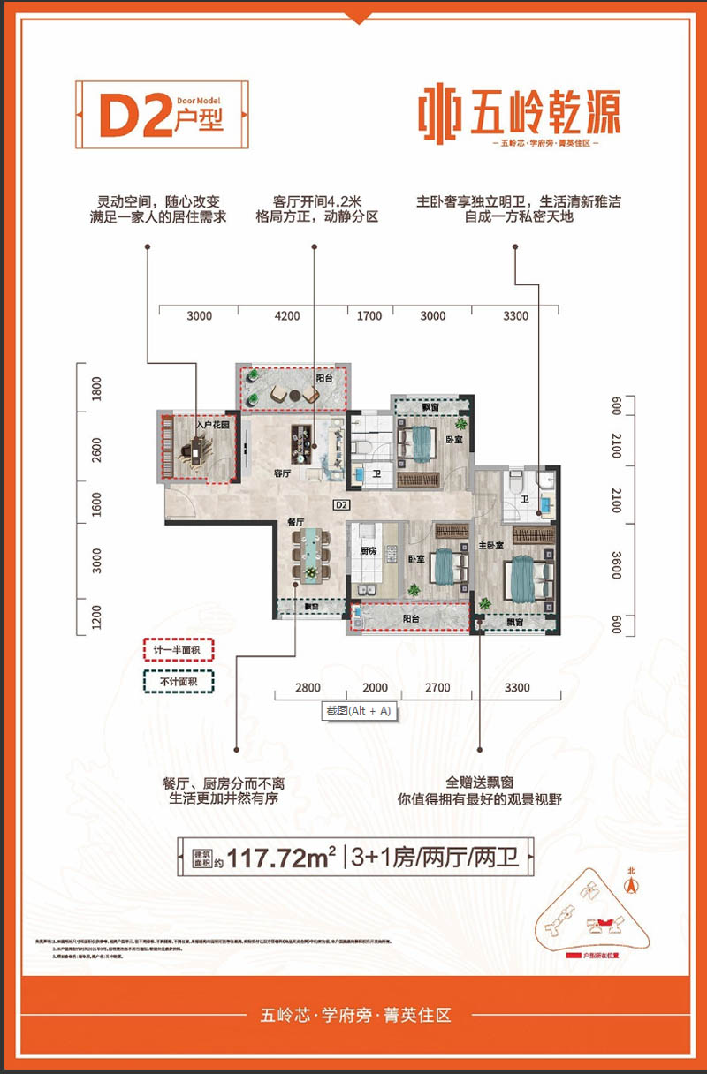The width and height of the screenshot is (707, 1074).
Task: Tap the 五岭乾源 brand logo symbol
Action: click(437, 114)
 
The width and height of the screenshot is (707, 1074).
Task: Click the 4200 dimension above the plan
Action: click(288, 316)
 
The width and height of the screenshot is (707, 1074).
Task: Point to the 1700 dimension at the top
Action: click(369, 316)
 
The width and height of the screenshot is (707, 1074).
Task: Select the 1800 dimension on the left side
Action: click(97, 390)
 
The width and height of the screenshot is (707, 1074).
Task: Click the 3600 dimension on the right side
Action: click(616, 564)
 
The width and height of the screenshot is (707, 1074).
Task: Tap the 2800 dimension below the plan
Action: click(308, 688)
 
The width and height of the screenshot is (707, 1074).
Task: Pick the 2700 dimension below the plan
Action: click(437, 688)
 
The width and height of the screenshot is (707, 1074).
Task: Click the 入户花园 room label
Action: click(213, 426)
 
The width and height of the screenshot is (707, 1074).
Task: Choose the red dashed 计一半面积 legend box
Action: click(179, 651)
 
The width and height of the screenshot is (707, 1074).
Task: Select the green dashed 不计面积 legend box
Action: click(179, 681)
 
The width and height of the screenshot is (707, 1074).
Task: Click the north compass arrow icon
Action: click(631, 881)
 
